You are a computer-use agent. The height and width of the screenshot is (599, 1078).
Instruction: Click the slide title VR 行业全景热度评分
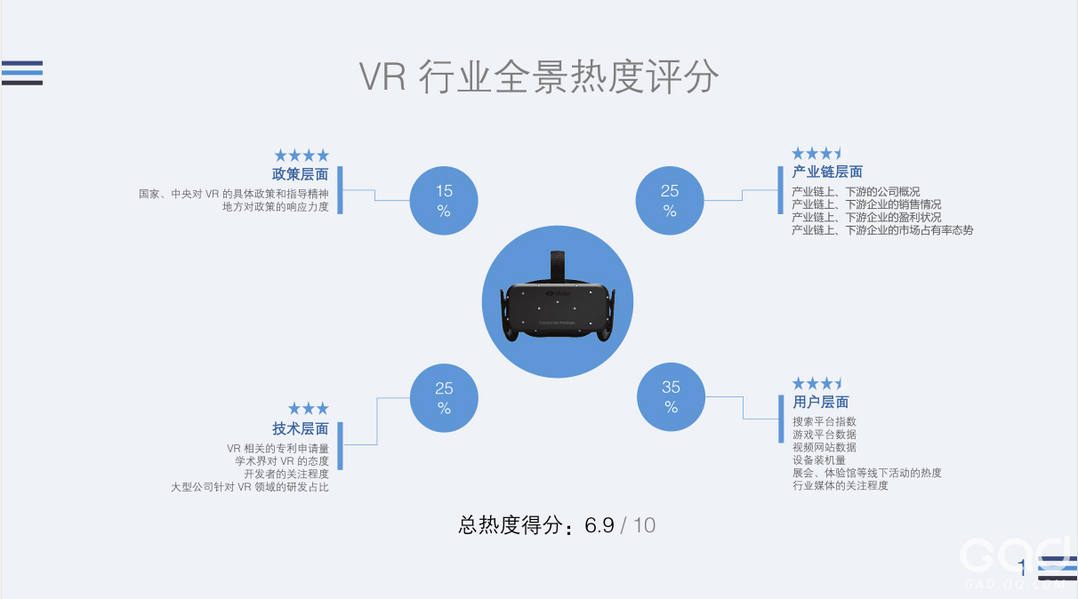tap(539, 77)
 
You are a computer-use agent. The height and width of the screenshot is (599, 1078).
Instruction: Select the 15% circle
tap(444, 201)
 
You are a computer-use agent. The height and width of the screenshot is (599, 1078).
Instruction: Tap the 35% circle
tap(671, 396)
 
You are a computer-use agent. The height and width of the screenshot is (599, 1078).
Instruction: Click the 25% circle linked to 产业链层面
tap(670, 201)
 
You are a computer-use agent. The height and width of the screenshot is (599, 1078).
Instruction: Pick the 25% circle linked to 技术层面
tap(444, 398)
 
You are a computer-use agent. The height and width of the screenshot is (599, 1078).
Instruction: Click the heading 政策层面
tap(300, 174)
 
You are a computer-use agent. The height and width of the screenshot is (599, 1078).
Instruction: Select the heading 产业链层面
tap(827, 172)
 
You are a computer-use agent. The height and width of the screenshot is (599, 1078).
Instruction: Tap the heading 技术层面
tap(301, 428)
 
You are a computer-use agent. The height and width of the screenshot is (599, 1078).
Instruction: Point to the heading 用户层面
tap(821, 402)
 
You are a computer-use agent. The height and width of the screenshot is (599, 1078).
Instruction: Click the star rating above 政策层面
tap(302, 156)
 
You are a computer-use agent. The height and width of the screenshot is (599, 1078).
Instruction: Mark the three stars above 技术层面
tap(309, 409)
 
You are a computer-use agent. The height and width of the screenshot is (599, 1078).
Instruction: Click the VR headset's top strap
tap(558, 266)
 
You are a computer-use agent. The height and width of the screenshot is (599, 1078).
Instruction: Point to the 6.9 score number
tap(599, 525)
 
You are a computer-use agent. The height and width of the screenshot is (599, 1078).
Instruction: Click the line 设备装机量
tap(819, 460)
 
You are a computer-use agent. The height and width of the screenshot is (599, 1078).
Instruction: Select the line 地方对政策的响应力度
tap(275, 207)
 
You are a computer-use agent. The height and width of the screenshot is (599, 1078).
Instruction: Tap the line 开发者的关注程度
tap(286, 474)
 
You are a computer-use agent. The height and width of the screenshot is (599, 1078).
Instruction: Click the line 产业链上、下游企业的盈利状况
tap(866, 218)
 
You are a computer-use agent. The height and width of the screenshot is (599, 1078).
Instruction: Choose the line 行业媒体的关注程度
tap(841, 485)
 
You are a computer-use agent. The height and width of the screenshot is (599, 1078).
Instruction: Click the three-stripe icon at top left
tap(22, 73)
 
